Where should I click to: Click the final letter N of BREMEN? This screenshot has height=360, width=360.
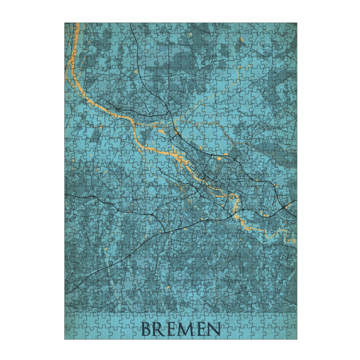click(213, 329)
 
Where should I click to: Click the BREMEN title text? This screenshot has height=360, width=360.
click(180, 329)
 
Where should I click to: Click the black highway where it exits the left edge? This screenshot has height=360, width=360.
click(66, 292)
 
